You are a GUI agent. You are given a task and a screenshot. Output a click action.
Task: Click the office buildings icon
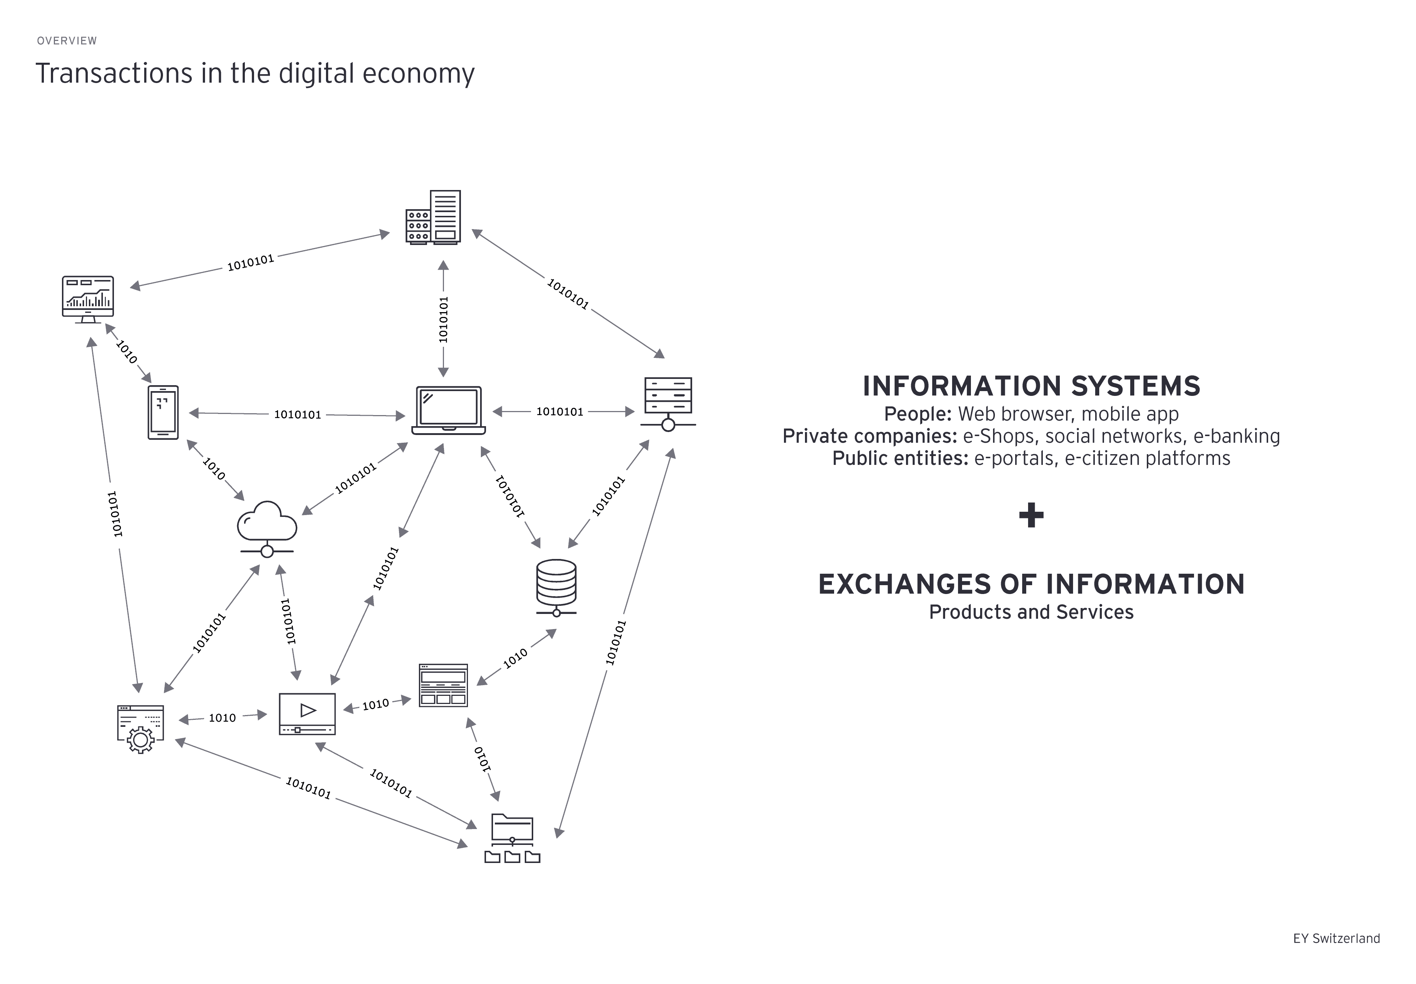coord(433,217)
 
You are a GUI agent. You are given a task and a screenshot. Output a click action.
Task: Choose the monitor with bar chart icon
coord(88,299)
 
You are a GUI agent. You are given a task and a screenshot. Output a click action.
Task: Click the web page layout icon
coord(443,685)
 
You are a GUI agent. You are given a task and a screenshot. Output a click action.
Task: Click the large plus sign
coord(1031,515)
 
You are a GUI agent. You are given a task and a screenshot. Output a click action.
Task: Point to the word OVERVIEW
coord(66,41)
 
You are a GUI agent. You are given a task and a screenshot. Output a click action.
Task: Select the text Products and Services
coord(1031,612)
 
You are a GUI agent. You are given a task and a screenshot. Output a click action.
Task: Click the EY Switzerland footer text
coord(1336,938)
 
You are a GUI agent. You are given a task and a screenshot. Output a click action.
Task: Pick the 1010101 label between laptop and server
coord(559,411)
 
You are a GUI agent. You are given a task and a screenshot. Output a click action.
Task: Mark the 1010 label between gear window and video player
coord(222,718)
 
